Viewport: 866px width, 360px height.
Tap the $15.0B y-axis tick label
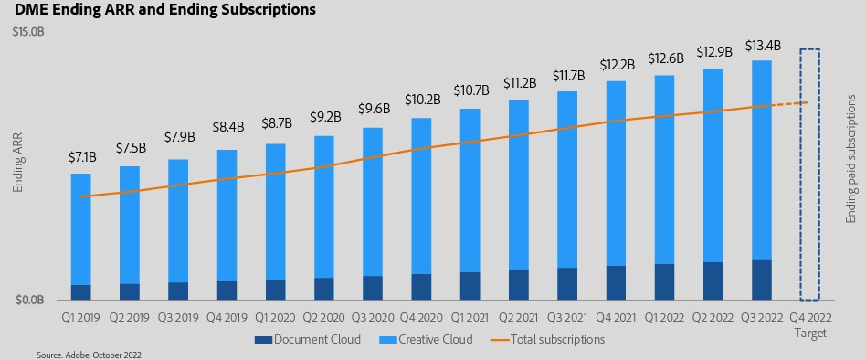28,33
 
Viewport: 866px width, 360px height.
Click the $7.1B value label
81,158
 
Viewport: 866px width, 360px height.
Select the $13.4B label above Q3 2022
763,45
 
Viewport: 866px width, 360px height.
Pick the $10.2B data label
423,100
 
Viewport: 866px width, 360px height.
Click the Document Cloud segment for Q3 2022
762,280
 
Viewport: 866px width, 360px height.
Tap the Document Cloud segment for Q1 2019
81,292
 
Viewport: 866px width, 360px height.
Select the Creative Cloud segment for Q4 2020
423,196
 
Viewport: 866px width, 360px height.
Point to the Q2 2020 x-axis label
324,318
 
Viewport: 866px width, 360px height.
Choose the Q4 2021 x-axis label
617,318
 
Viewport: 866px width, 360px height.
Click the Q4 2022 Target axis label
810,325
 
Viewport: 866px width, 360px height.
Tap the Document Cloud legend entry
308,339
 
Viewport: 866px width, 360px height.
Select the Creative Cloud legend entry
426,339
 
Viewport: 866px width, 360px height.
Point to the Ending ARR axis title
17,166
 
